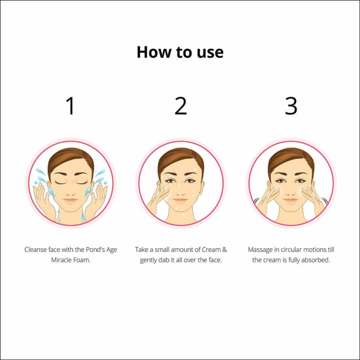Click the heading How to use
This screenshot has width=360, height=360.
pyautogui.click(x=180, y=52)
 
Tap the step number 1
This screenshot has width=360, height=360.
pyautogui.click(x=70, y=105)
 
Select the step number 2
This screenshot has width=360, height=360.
pyautogui.click(x=180, y=105)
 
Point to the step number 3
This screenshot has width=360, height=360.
pyautogui.click(x=291, y=105)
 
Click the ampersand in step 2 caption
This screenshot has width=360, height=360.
pyautogui.click(x=224, y=249)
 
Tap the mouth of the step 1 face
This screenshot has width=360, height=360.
pyautogui.click(x=70, y=200)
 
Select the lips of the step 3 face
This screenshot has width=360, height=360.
pyautogui.click(x=290, y=200)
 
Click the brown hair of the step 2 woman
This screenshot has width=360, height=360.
pyautogui.click(x=180, y=158)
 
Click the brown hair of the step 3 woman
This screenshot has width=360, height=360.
pyautogui.click(x=290, y=158)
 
